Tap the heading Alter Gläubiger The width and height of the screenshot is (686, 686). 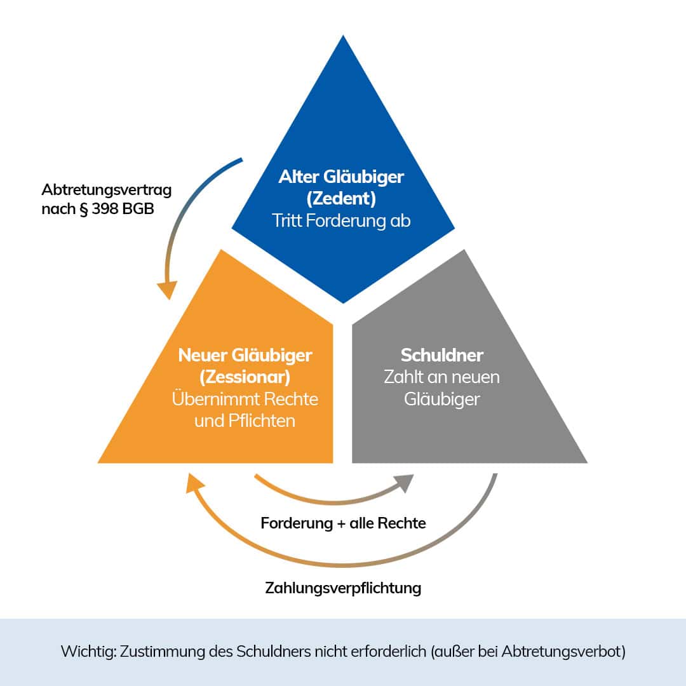[341, 177]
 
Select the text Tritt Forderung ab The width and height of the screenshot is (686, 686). [341, 221]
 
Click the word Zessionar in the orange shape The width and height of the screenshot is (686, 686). [245, 377]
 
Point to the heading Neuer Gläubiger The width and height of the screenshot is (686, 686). [245, 354]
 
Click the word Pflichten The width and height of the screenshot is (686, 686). [262, 420]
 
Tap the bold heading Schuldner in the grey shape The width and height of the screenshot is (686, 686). [441, 354]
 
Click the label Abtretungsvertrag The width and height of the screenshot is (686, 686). [107, 189]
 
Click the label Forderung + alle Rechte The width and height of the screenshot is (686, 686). [343, 523]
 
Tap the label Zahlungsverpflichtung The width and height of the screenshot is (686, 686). [343, 588]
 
